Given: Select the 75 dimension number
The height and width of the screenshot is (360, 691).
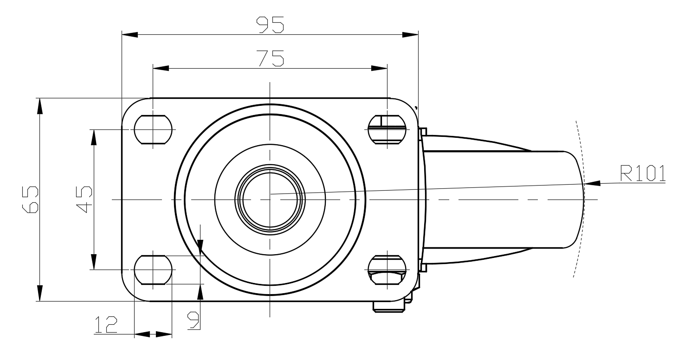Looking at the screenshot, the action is click(271, 58).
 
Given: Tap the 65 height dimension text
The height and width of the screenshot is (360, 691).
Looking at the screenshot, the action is click(30, 199).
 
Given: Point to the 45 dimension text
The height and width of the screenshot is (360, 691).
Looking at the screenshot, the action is click(84, 199).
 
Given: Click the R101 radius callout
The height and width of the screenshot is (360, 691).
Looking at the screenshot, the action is click(643, 174).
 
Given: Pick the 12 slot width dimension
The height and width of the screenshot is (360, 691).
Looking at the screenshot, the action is click(106, 325).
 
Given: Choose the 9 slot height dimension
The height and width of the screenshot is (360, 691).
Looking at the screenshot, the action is click(194, 320).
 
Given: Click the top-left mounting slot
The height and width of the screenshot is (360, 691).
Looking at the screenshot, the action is click(153, 129).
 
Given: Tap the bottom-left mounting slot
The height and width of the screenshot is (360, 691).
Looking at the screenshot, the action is click(153, 270).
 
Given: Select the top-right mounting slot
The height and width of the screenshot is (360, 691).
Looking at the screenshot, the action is click(387, 129).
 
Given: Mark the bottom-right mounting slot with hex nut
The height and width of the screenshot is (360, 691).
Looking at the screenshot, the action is click(387, 270).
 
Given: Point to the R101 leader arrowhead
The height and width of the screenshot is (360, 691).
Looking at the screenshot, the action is click(592, 183).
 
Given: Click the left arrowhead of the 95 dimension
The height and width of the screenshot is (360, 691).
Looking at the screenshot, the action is click(130, 34).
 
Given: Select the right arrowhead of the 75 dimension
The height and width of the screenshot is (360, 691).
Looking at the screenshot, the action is click(379, 68).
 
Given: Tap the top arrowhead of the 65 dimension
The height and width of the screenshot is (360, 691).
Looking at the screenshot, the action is click(40, 106).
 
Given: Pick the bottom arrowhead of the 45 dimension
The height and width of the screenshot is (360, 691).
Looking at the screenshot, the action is click(94, 262).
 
